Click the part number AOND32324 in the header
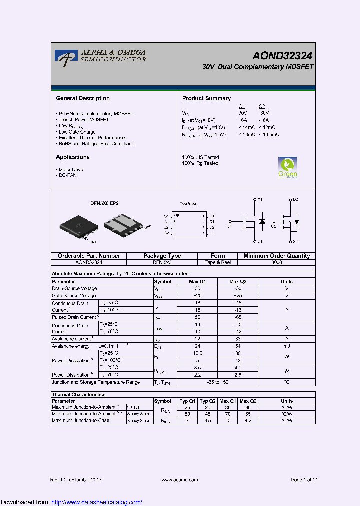point(282,56)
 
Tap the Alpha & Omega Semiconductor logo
point(100,56)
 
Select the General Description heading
point(83,98)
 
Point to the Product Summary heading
point(206,98)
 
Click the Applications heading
point(73,157)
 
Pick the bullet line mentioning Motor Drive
point(71,170)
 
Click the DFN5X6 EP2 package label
point(104,204)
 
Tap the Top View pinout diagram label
point(188,204)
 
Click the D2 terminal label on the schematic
point(295,200)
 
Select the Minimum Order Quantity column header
point(276,256)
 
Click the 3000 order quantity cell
point(276,262)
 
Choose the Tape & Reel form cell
point(218,262)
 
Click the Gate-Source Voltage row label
point(74,296)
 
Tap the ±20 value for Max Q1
point(197,296)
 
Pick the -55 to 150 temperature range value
point(217,382)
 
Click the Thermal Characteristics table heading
point(79,395)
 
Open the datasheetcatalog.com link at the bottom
point(97,502)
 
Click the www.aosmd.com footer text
point(180,480)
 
